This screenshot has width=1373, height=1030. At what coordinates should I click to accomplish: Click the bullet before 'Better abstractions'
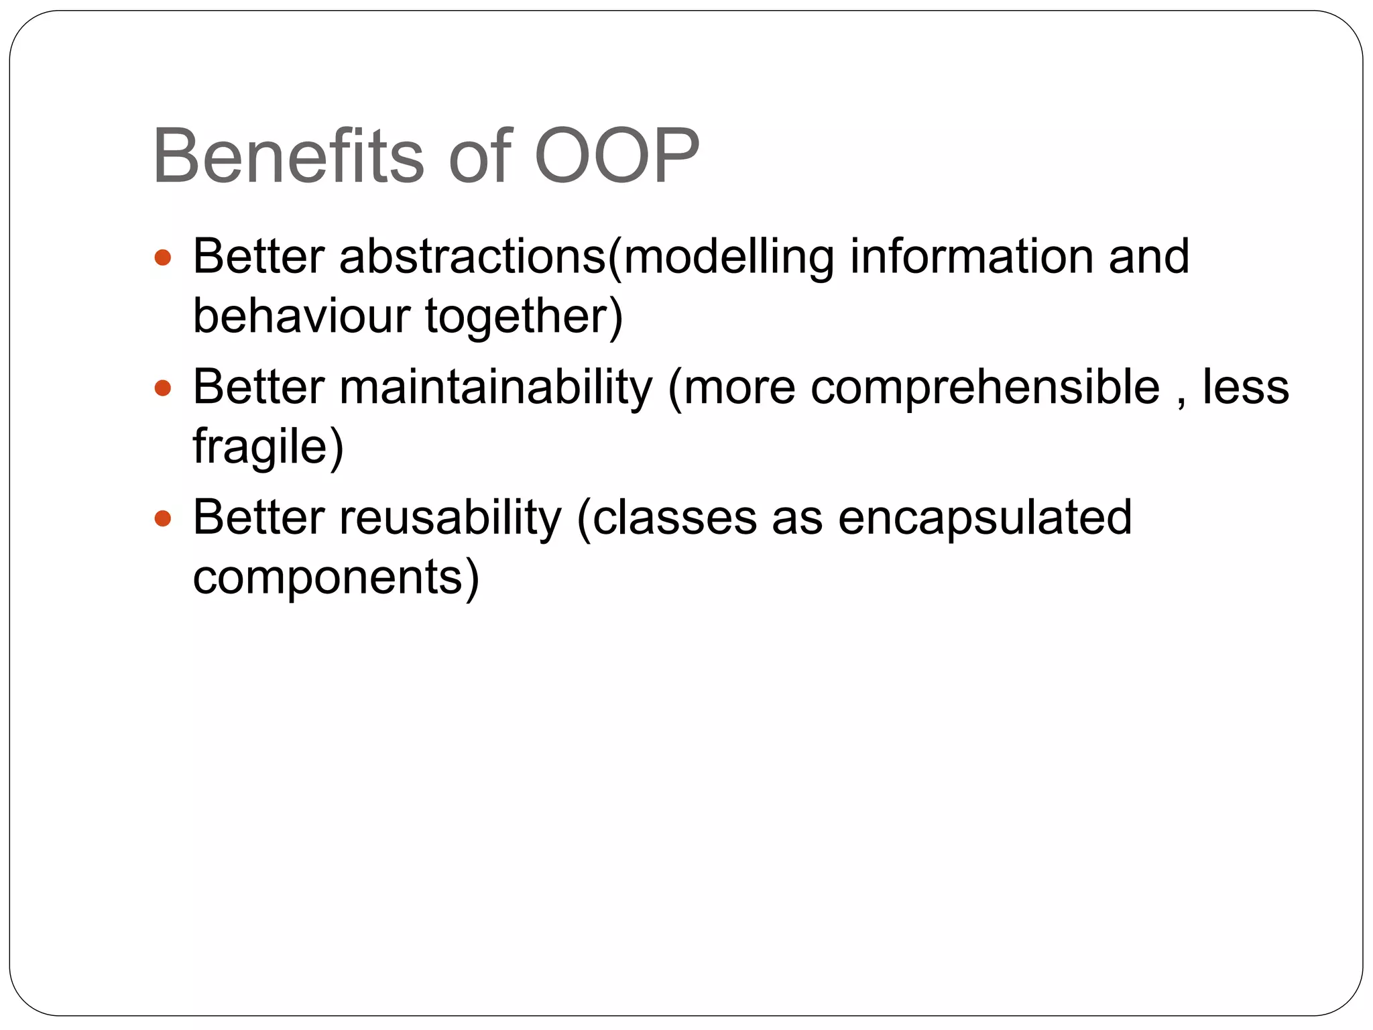point(163,257)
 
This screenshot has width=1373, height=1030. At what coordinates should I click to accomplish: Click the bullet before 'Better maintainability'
point(163,388)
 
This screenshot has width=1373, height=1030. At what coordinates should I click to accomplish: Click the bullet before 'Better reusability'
point(163,518)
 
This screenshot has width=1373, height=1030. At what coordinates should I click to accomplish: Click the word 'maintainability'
point(495,388)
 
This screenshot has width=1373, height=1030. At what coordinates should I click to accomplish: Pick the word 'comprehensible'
point(985,388)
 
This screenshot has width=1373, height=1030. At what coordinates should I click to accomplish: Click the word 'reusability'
point(451,518)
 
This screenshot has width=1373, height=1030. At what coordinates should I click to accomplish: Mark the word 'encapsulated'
point(985,518)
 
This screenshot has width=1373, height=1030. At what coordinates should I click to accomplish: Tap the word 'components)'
point(336,577)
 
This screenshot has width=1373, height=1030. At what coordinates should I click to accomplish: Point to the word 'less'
point(1245,388)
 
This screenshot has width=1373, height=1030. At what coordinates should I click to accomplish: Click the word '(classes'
point(666,518)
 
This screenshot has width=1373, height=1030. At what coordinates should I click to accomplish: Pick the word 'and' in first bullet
point(1148,256)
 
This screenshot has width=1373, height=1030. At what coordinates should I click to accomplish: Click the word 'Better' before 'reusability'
point(259,518)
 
